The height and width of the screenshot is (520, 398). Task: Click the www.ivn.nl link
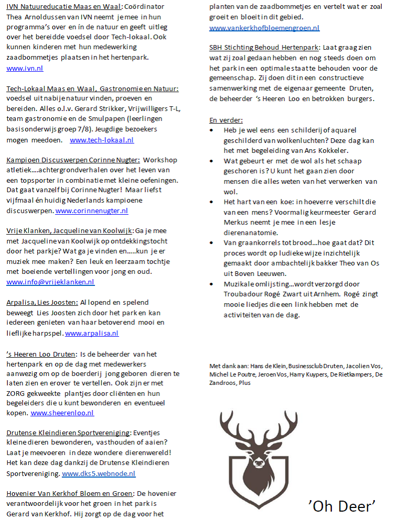(25, 68)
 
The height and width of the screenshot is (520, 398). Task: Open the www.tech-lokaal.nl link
(102, 140)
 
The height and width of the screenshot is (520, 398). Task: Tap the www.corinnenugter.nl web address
(92, 211)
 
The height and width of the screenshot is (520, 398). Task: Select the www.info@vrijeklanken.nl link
(50, 282)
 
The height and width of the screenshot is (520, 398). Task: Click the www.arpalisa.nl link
(92, 333)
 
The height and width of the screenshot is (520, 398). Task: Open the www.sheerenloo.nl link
(62, 413)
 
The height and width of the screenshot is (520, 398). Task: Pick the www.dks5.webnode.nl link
(98, 473)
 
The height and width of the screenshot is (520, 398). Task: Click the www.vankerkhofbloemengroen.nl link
(264, 28)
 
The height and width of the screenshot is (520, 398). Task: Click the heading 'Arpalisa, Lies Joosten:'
(42, 302)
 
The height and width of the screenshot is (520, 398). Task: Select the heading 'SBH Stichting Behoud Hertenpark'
(264, 48)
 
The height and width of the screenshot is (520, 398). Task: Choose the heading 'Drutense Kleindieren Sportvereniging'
(68, 433)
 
